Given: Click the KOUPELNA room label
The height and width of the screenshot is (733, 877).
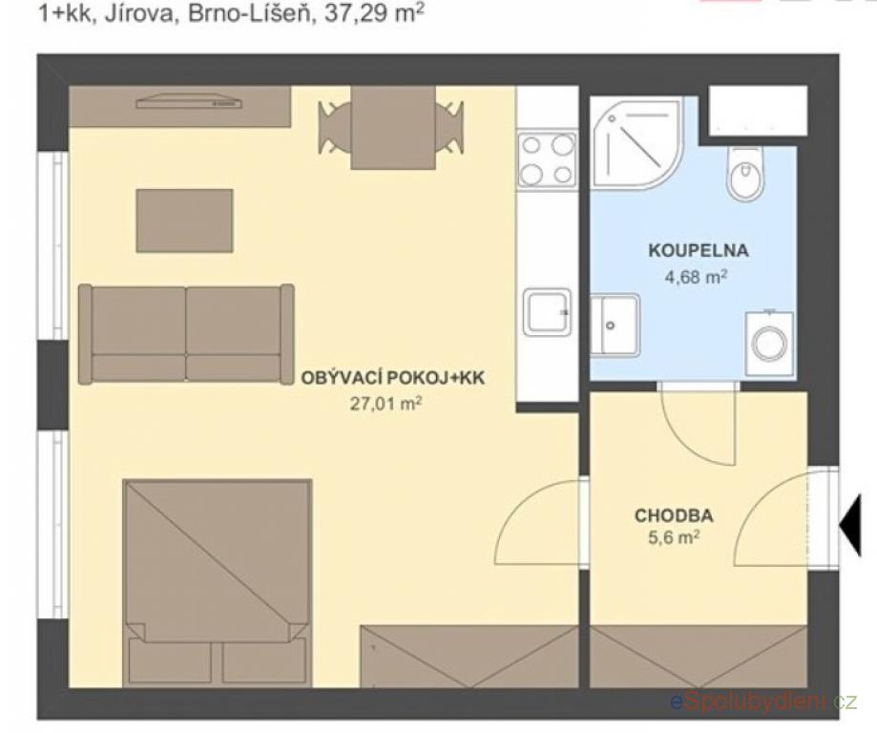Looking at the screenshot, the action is click(698, 250).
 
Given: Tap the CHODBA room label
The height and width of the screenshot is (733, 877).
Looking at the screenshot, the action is click(674, 514).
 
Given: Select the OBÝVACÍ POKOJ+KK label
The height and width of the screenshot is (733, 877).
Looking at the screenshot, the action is click(393, 378).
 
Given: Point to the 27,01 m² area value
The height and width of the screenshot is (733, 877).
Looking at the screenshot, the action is click(386, 403).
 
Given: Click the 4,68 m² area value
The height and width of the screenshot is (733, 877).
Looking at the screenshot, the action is click(696, 276).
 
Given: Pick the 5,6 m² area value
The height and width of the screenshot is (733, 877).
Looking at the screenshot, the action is click(674, 537).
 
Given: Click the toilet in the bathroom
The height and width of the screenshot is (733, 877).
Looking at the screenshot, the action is click(745, 173).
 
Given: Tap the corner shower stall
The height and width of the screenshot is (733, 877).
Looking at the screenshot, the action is click(637, 142).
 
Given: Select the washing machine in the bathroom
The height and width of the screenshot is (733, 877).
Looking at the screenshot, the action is click(769, 343).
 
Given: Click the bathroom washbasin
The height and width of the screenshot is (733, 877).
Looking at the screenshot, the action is click(615, 325).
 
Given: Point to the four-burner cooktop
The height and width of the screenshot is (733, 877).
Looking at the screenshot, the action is click(547, 160).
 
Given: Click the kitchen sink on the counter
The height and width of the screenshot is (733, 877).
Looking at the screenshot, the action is click(548, 312).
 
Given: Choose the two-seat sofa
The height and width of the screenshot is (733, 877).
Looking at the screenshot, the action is click(186, 334).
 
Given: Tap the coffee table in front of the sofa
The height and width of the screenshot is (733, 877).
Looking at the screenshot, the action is click(184, 220).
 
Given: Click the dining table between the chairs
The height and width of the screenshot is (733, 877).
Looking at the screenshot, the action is click(393, 127).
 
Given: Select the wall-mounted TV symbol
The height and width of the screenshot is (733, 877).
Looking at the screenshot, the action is click(190, 101).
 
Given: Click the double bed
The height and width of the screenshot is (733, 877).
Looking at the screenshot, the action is click(218, 582).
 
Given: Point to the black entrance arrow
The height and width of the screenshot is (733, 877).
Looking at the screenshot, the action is click(850, 527).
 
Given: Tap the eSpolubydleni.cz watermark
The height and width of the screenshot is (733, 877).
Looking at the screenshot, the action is click(764, 701).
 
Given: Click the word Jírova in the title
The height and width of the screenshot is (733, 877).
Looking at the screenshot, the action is click(138, 13).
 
